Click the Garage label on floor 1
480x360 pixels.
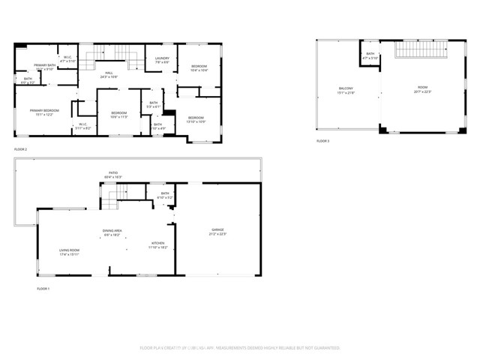(x=217, y=229)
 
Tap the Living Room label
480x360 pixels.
(x=70, y=250)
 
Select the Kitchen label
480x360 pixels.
(x=158, y=243)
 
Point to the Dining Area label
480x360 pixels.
(x=112, y=230)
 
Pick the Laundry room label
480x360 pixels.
(x=161, y=58)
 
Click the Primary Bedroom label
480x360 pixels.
(x=44, y=110)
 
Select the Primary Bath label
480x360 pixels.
(x=45, y=65)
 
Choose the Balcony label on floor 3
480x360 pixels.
(x=346, y=88)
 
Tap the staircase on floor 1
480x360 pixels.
(x=110, y=199)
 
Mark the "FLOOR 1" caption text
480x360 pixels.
(x=43, y=288)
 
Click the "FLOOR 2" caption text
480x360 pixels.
(x=21, y=149)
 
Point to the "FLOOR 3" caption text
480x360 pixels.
(x=322, y=141)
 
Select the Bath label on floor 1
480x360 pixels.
(x=165, y=193)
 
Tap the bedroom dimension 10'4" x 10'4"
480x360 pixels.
(x=199, y=70)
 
